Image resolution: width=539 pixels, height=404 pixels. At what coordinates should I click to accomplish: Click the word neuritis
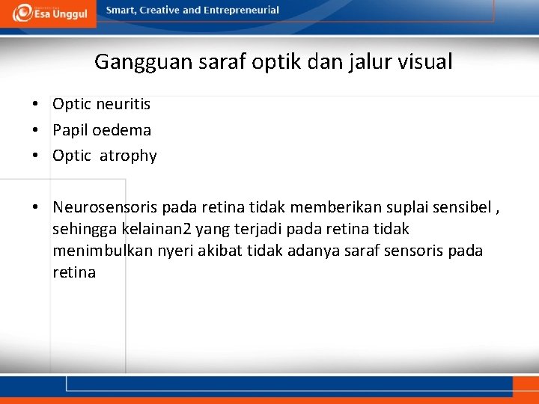coord(123,104)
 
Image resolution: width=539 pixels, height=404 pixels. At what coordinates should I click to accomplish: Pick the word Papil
coord(70,130)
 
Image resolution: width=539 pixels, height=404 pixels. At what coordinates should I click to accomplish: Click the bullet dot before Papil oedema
coord(36,130)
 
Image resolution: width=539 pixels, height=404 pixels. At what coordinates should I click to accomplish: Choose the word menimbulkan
coord(103,250)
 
